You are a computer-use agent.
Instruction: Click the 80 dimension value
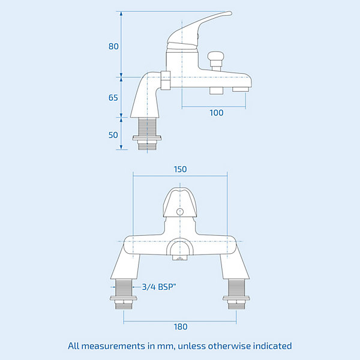pyautogui.click(x=113, y=46)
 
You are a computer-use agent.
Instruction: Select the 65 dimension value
pyautogui.click(x=113, y=98)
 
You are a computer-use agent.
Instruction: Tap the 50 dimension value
pyautogui.click(x=113, y=135)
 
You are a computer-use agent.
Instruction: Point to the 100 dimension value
pyautogui.click(x=216, y=113)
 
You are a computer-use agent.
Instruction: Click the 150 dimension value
pyautogui.click(x=180, y=169)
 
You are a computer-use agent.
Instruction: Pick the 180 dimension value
pyautogui.click(x=181, y=327)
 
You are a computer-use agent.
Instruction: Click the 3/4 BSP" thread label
pyautogui.click(x=159, y=287)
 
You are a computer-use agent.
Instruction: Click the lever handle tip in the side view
pyautogui.click(x=230, y=13)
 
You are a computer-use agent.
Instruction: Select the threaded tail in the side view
pyautogui.click(x=147, y=134)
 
